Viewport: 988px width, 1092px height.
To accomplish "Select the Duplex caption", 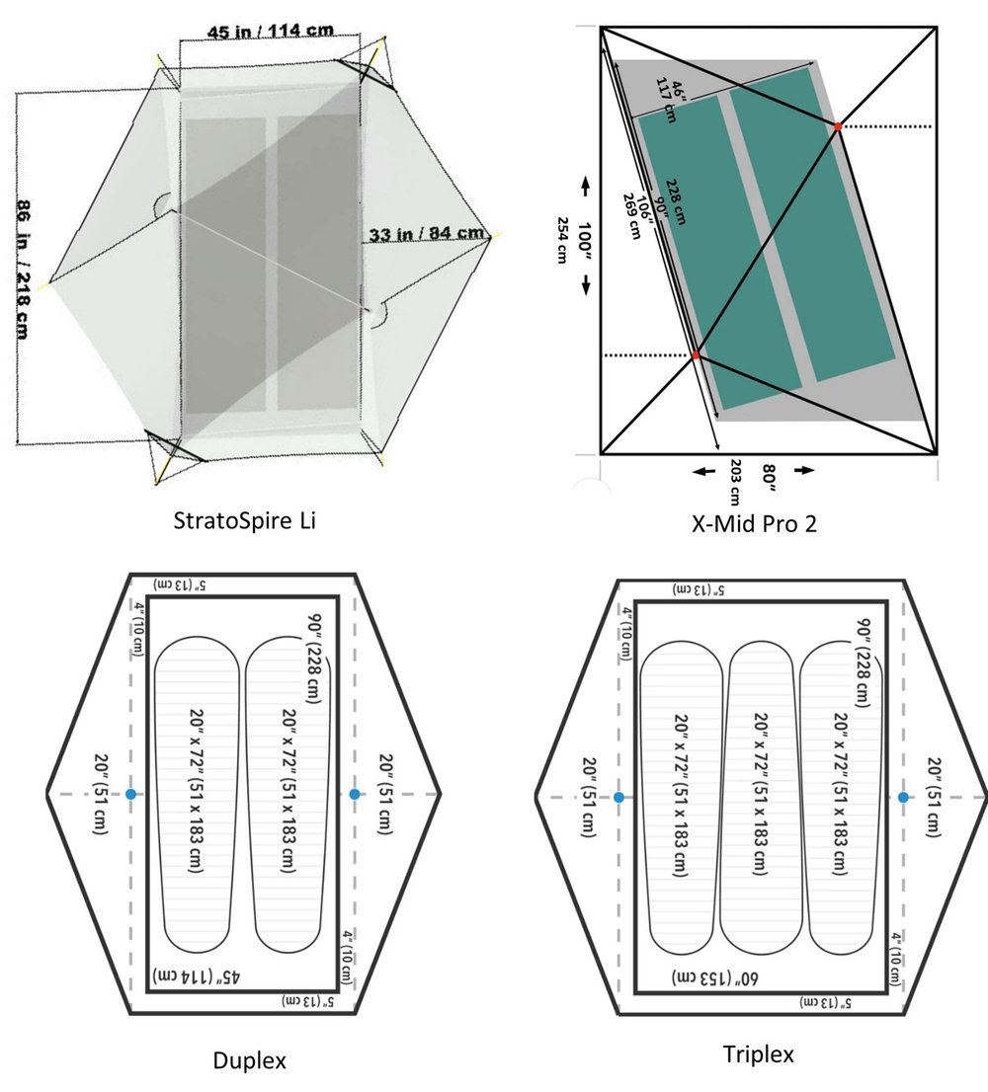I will tap(250, 1060).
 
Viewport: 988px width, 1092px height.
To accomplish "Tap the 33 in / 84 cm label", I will tap(426, 234).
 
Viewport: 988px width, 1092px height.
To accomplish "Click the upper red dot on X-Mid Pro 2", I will tap(838, 126).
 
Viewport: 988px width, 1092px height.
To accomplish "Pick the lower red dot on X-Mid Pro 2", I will tap(696, 354).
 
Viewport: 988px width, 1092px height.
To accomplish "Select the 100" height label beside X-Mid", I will tap(585, 234).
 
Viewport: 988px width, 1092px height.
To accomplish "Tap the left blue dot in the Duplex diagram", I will tap(130, 794).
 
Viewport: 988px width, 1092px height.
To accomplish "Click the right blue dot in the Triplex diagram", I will tap(902, 796).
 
